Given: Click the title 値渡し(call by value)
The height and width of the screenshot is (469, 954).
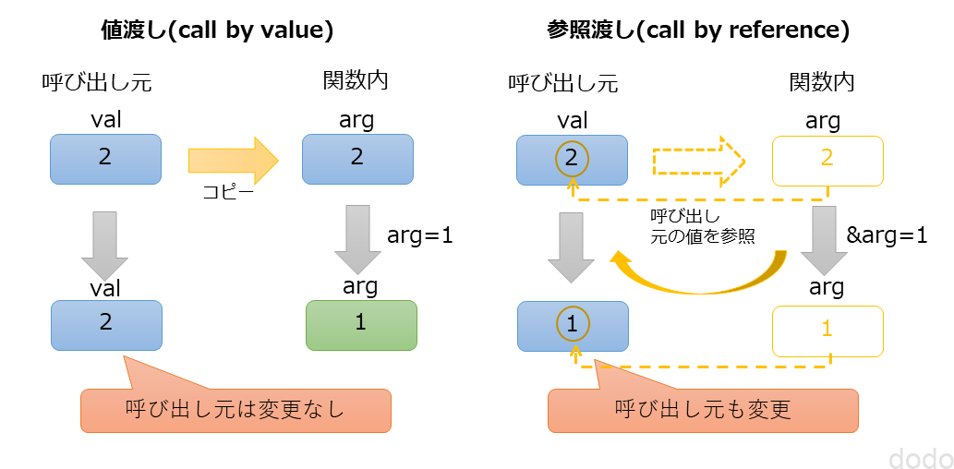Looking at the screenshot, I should tap(216, 30).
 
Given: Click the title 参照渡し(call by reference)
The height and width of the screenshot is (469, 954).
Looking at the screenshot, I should tap(697, 30).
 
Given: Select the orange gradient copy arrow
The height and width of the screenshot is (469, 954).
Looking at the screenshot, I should tap(233, 160).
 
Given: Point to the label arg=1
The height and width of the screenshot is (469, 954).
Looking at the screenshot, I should tap(420, 235).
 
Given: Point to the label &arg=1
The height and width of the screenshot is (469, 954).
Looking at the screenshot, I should tap(887, 235).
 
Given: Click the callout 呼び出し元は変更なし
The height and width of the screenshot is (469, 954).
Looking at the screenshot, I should tap(235, 410).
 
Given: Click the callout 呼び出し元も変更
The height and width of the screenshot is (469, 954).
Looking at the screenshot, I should tap(703, 410).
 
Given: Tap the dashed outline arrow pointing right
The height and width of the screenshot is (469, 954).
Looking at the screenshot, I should tap(698, 160).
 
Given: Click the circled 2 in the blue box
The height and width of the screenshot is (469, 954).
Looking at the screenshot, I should tap(571, 159).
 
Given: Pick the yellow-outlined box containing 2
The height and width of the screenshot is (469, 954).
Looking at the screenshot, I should tap(827, 160).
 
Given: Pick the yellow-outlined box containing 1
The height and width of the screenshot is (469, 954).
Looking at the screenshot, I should tap(827, 330).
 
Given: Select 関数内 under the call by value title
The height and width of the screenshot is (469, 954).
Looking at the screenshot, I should tap(356, 81).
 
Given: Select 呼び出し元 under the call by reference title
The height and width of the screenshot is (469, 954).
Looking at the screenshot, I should tap(563, 83).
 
